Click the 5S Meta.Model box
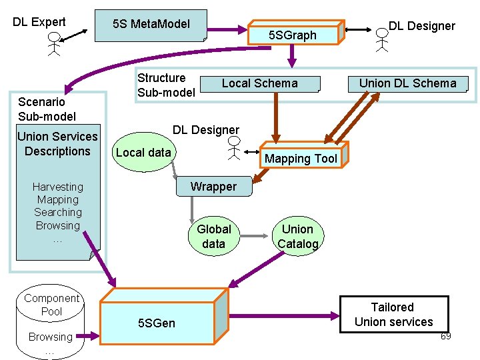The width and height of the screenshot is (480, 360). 151,25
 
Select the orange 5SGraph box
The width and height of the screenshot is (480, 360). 293,35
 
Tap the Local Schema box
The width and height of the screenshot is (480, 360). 260,83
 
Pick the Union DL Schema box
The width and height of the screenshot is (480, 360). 408,83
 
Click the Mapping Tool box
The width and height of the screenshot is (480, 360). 301,158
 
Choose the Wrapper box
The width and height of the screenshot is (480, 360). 213,187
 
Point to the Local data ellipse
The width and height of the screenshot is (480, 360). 143,153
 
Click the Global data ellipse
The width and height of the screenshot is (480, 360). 213,237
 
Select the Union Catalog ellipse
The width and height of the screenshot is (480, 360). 297,237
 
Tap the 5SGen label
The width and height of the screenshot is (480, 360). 157,323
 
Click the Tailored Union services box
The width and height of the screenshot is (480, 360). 393,315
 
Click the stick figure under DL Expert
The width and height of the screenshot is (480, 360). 54,43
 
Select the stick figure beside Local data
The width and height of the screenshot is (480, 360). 233,151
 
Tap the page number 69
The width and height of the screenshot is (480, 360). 445,336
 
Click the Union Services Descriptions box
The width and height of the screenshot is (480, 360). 57,144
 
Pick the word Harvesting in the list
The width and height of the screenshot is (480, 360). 58,187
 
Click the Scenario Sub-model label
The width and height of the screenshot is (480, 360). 47,109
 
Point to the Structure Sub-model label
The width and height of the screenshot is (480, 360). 166,85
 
